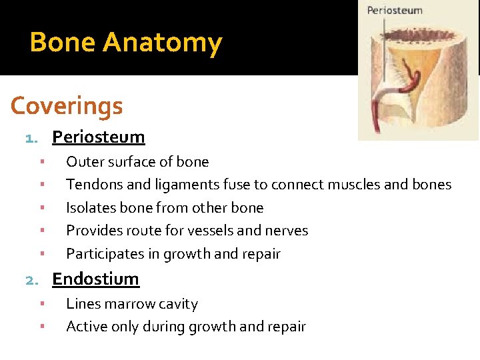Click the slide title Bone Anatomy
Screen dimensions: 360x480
[125, 43]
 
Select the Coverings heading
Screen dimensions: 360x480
[67, 105]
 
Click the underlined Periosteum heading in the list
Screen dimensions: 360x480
[98, 137]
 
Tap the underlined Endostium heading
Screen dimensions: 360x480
[95, 279]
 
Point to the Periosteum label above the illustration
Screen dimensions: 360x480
[395, 11]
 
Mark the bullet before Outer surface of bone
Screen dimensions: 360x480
[41, 162]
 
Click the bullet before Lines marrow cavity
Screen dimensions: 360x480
[41, 304]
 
